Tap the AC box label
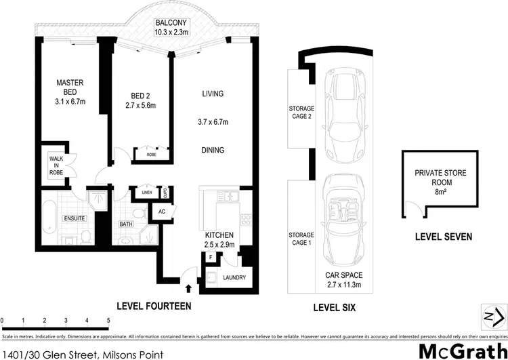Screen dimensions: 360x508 161,211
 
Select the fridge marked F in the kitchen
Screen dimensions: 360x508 210,258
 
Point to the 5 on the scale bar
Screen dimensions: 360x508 108,319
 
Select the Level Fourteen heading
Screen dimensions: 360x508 154,306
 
